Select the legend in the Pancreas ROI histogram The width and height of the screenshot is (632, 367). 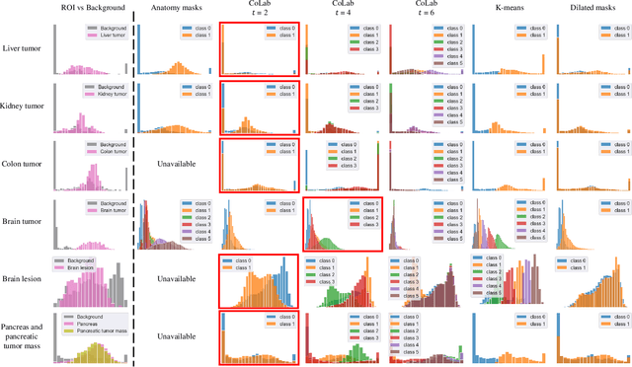coord(90,325)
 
